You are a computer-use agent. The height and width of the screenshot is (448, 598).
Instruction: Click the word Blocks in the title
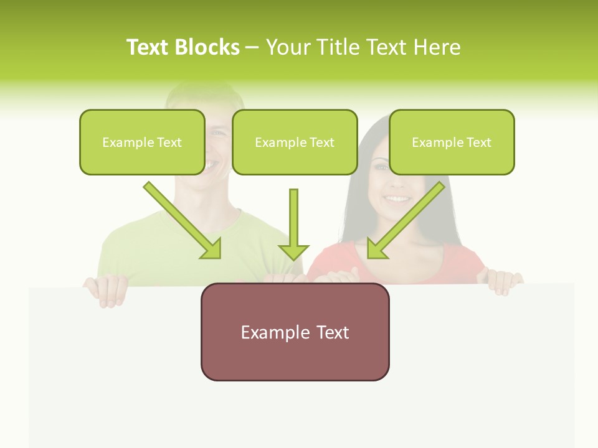point(207,47)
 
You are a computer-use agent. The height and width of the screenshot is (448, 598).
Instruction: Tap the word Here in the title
point(439,47)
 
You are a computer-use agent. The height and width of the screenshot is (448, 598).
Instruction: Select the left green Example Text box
point(142,142)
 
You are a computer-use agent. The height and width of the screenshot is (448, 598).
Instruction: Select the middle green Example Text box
point(295,142)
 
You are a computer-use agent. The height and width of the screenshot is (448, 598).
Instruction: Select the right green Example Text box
point(452,142)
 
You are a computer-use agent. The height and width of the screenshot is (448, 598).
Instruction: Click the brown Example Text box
point(295,332)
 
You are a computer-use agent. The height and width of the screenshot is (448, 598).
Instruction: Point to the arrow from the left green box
point(182,220)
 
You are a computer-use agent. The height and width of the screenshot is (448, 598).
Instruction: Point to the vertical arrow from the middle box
point(293,224)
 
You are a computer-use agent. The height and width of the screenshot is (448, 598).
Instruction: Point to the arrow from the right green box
point(406,220)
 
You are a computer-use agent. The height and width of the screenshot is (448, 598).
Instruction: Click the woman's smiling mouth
point(397,199)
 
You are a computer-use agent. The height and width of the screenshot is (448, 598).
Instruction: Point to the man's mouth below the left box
point(213,164)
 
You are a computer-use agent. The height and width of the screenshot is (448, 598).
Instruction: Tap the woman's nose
point(394,182)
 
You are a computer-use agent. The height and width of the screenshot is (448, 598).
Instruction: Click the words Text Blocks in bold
point(183,47)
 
